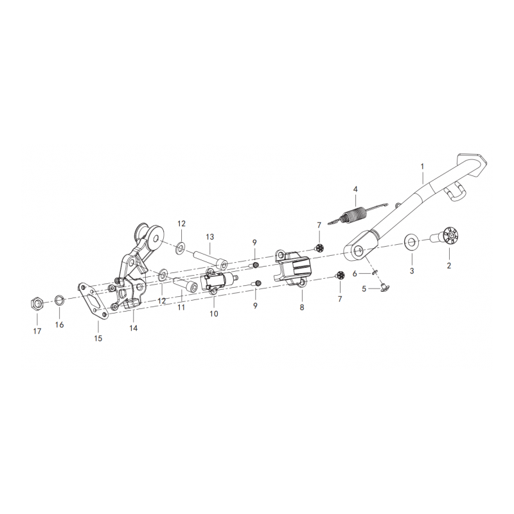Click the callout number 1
pyautogui.click(x=422, y=166)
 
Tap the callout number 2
pyautogui.click(x=448, y=265)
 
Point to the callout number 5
pyautogui.click(x=364, y=289)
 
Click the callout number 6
pyautogui.click(x=354, y=274)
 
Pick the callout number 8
pyautogui.click(x=301, y=308)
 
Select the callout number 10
pyautogui.click(x=214, y=314)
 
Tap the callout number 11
pyautogui.click(x=181, y=307)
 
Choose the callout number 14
pyautogui.click(x=133, y=328)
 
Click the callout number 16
pyautogui.click(x=59, y=324)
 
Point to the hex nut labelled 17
pyautogui.click(x=37, y=303)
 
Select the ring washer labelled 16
pyautogui.click(x=59, y=299)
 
